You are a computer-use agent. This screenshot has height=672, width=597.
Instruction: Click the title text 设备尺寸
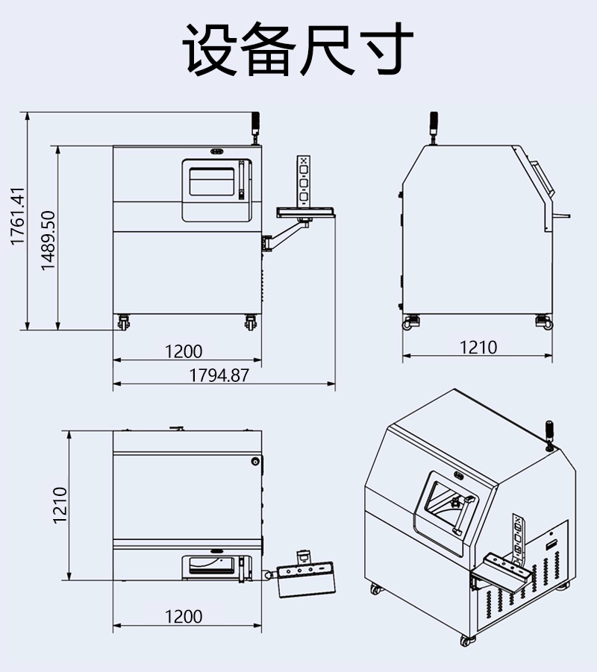point(298,49)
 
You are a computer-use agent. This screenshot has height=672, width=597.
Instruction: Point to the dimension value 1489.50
point(49,239)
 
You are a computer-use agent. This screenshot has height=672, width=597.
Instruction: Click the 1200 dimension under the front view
point(184,351)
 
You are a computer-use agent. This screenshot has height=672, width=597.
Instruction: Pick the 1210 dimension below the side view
point(478,347)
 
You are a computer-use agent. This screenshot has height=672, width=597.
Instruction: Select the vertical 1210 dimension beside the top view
point(60,505)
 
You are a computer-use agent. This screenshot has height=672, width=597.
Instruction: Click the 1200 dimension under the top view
point(184,617)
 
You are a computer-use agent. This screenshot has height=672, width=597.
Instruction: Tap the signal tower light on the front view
point(254,125)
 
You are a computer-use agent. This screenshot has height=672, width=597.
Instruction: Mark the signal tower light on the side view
point(433,125)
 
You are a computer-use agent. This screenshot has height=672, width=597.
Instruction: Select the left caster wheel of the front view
point(122,322)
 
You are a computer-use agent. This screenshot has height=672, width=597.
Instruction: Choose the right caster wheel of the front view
point(251,322)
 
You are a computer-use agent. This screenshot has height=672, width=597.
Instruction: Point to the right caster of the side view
point(543,321)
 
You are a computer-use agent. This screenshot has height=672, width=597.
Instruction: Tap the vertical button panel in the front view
point(303,179)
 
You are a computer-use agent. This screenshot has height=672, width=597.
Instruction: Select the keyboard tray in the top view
point(305,579)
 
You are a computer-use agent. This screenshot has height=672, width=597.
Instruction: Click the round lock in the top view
point(256,462)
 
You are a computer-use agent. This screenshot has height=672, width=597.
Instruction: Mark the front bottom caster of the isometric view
point(466,639)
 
